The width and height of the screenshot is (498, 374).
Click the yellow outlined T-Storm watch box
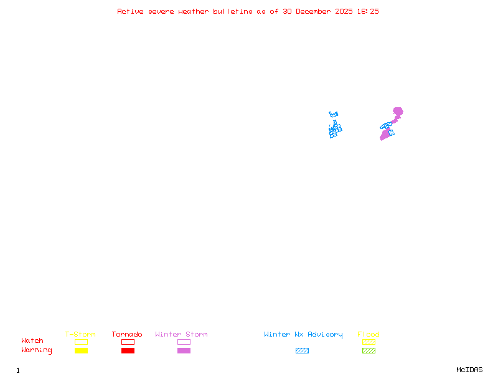(x=81, y=342)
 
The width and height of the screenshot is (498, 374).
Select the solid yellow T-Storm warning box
(x=81, y=350)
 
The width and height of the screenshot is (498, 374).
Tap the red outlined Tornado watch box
(x=128, y=342)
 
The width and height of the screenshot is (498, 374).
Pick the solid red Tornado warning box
(x=128, y=350)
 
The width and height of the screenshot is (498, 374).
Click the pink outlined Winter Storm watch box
(x=184, y=342)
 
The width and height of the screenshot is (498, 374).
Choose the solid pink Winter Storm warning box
(x=184, y=350)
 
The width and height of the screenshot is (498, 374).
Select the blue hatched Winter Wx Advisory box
(x=302, y=350)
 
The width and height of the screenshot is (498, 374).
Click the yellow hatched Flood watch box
(x=369, y=342)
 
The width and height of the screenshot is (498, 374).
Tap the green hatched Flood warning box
(x=369, y=350)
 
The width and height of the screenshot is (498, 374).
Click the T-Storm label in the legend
(x=80, y=334)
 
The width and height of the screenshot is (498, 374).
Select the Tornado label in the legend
(x=127, y=334)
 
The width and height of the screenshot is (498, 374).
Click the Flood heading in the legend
(x=369, y=334)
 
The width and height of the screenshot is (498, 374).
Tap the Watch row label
(x=32, y=341)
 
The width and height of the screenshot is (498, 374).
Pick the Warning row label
(x=37, y=350)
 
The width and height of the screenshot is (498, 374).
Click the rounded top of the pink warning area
(x=397, y=112)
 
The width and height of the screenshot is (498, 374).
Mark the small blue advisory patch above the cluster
(x=334, y=114)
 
